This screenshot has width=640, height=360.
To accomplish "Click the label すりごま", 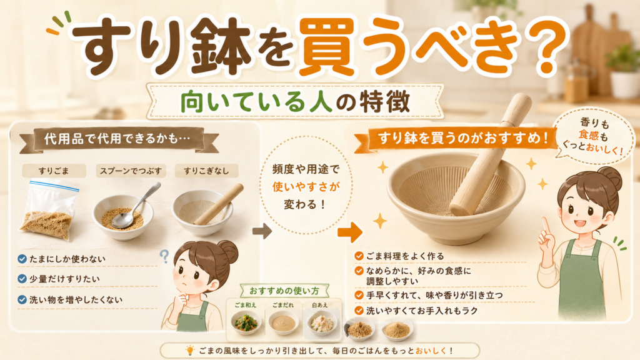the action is (54, 171).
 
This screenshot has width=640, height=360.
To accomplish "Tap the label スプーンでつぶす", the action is (131, 171).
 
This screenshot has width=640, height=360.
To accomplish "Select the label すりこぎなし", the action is (206, 171).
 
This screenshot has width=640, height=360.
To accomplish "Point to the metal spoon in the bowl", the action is (135, 206).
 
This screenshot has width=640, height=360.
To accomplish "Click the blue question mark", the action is (164, 256).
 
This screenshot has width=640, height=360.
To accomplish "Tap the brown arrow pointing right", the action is (262, 231).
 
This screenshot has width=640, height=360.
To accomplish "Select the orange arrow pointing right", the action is (350, 232).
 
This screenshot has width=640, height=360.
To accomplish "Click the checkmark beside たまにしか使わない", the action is (22, 259).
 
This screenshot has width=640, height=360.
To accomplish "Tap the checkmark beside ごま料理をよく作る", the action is (359, 256).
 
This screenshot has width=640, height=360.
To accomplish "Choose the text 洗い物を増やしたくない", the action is (76, 299).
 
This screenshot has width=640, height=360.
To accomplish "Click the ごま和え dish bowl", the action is (246, 322).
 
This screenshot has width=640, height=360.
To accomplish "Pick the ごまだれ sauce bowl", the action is (283, 322).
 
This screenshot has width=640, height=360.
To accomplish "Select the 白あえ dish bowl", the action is (322, 322).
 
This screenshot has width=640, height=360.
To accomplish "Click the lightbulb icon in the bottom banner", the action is (190, 350).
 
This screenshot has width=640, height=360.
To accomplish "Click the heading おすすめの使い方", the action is (284, 291).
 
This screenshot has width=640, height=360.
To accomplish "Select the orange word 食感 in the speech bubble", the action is (589, 135).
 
